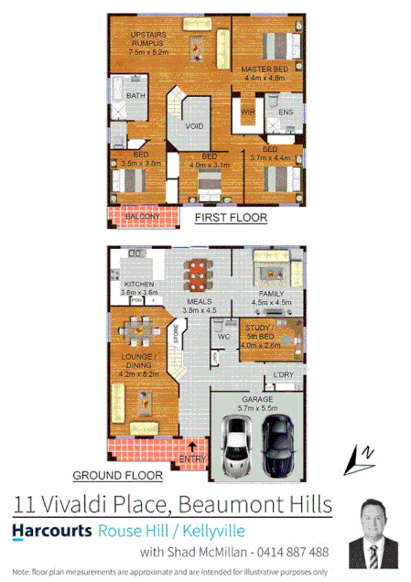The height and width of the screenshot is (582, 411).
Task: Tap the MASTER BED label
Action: click(265, 69)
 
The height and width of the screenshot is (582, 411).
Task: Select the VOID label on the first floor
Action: click(194, 125)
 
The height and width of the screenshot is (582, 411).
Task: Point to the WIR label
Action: click(247, 113)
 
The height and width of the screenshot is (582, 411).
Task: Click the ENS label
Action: click(285, 113)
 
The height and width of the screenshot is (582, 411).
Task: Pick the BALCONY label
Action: click(136, 217)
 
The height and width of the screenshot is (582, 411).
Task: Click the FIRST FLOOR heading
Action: click(231, 218)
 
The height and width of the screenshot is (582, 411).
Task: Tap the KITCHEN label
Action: click(138, 285)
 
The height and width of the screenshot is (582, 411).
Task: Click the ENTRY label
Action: click(192, 458)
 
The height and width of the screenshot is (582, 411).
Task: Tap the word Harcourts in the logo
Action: click(52, 530)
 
